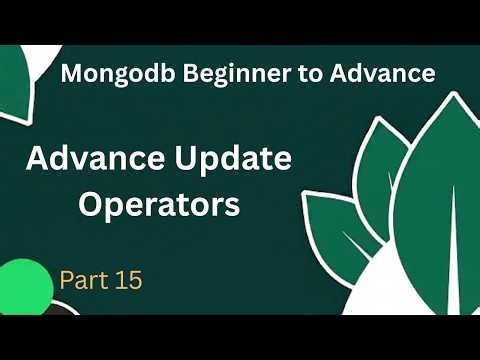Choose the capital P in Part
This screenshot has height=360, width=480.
point(66,279)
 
